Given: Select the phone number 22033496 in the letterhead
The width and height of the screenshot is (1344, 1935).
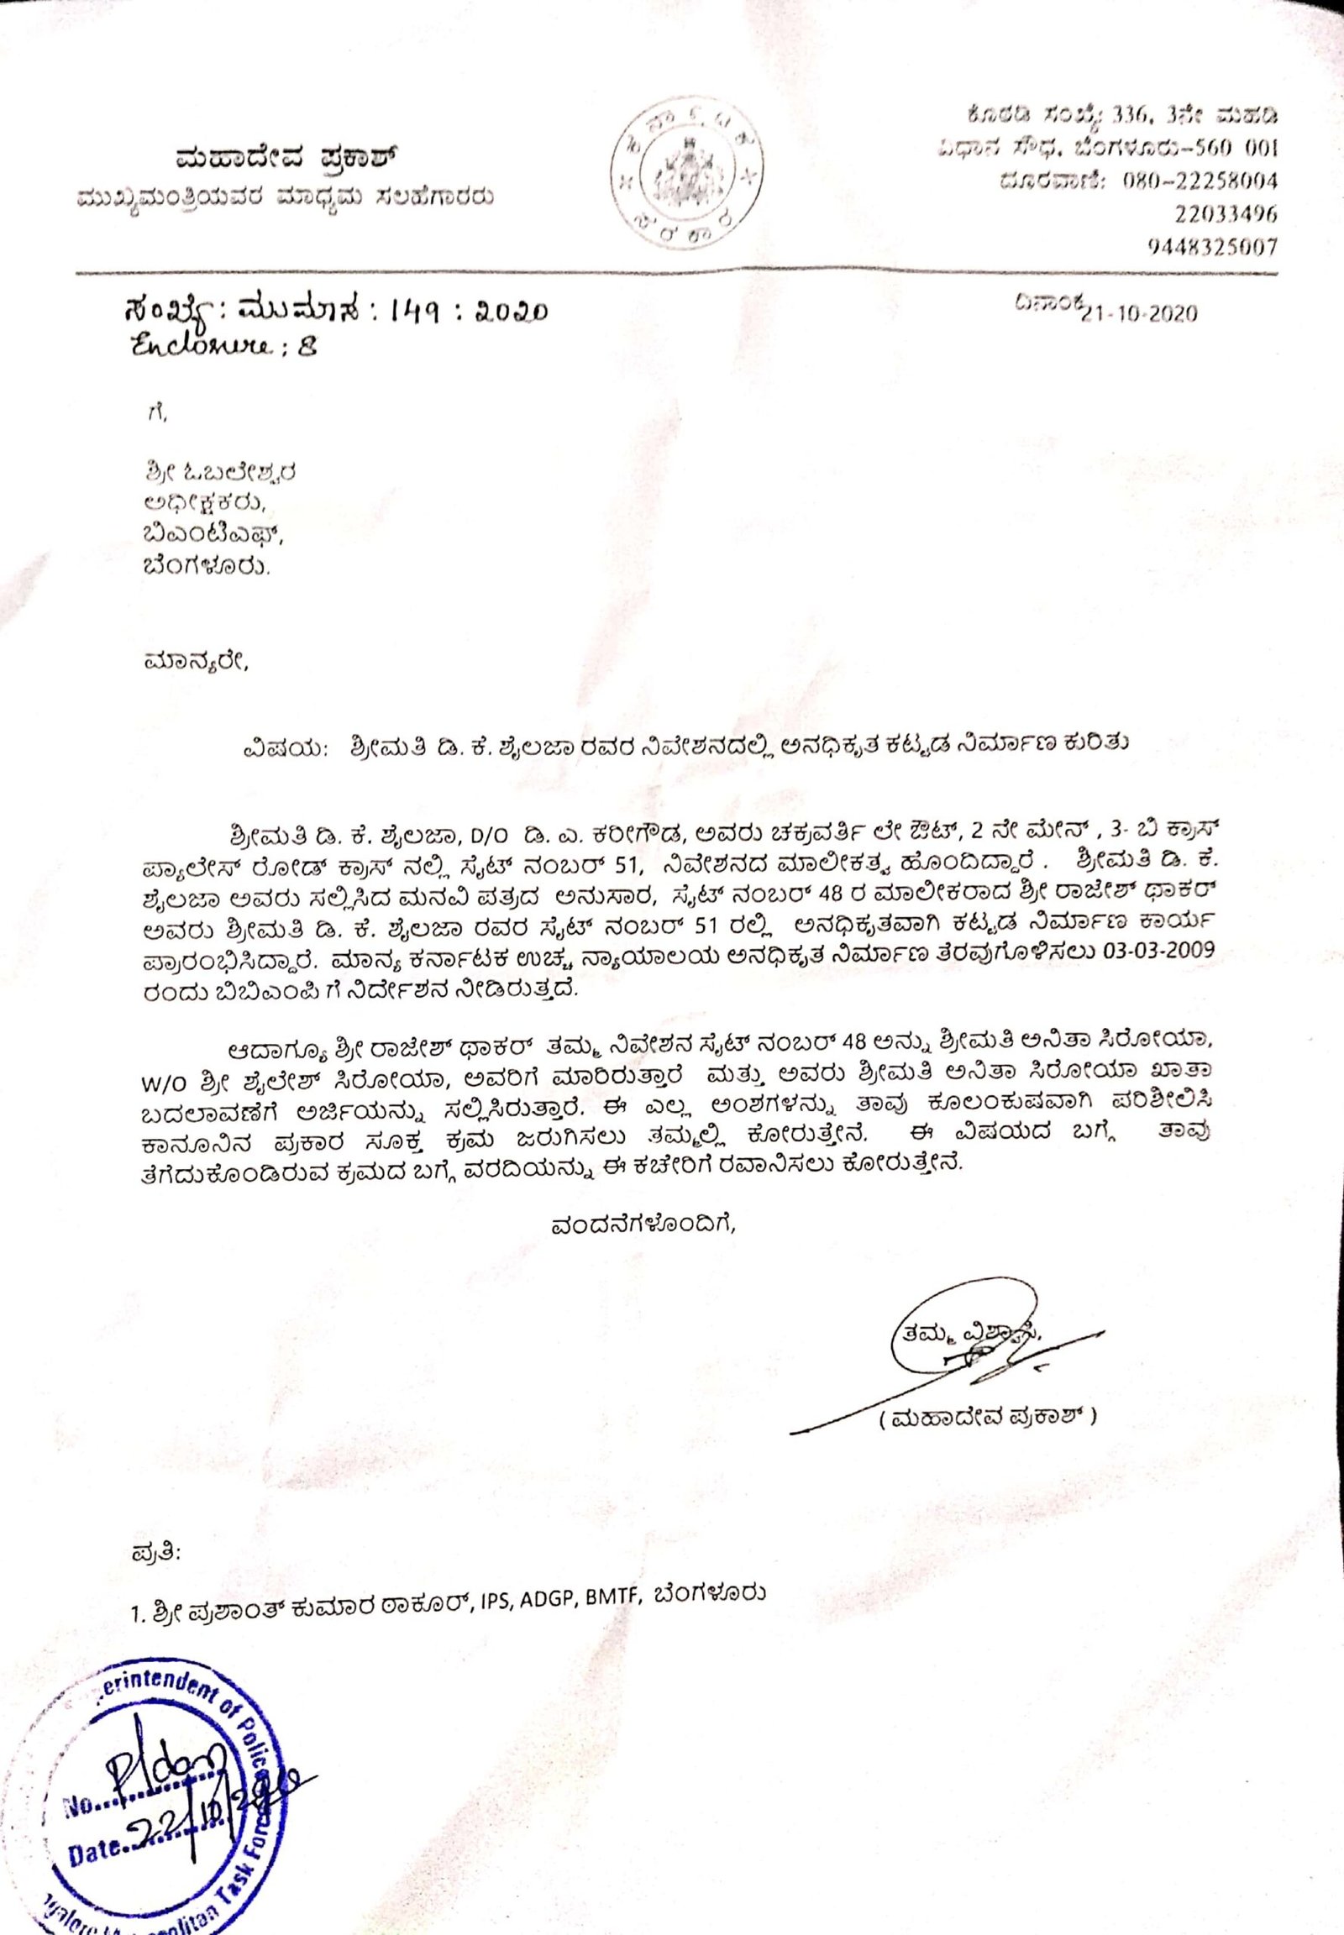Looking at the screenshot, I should pos(1225,215).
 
